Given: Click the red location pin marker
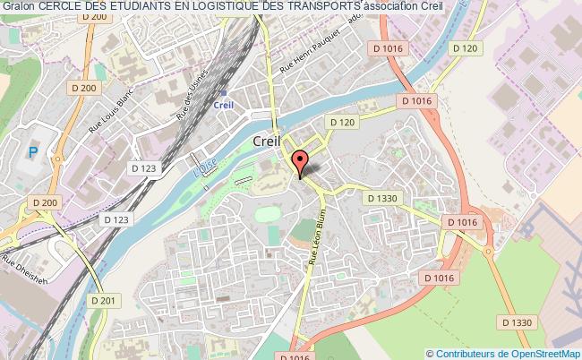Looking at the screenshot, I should pos(300,162).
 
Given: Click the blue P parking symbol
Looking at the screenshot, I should pos(33,154).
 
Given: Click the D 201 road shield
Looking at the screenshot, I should pos(105,300).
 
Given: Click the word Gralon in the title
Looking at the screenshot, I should pos(18,7).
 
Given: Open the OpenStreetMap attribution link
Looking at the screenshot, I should pos(539,353).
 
